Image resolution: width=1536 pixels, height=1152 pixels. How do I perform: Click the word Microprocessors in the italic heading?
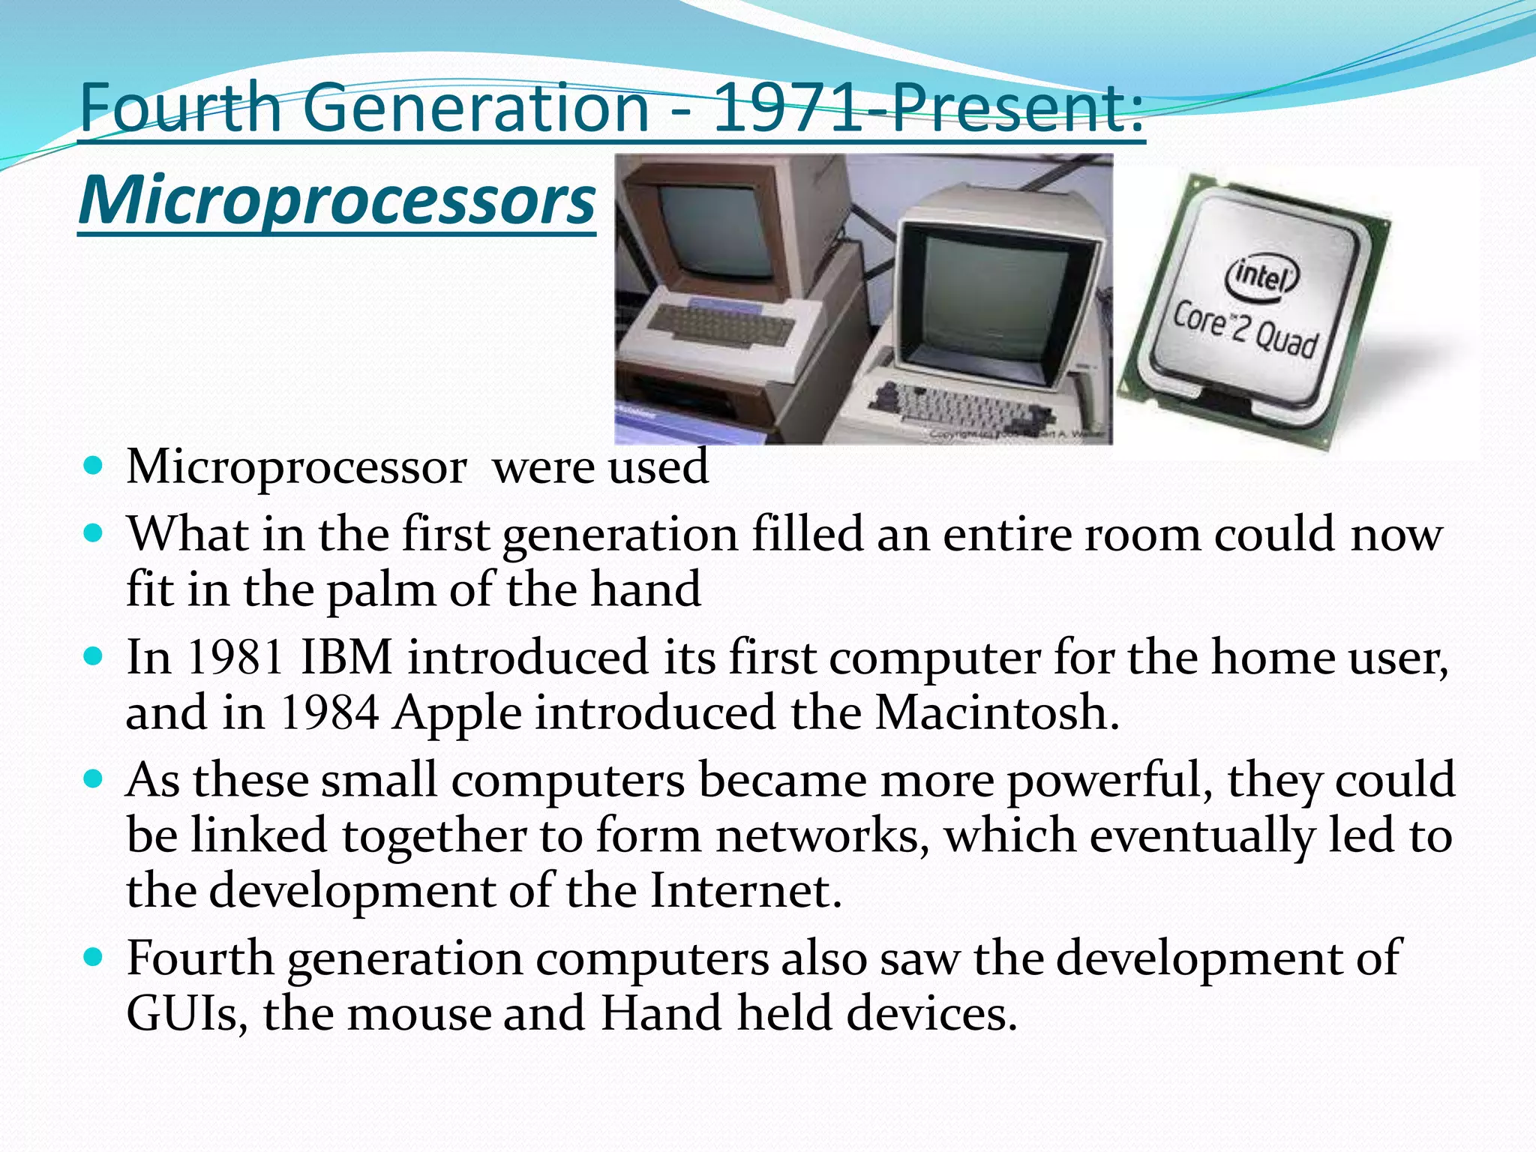pos(337,201)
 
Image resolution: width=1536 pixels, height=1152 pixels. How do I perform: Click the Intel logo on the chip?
pos(1262,277)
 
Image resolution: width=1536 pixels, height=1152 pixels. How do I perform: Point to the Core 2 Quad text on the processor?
pos(1245,330)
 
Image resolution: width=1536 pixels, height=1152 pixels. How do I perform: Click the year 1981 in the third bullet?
pos(235,657)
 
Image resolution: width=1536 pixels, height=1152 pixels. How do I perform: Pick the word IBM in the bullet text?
pos(346,657)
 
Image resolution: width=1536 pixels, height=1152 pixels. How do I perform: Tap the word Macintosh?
pos(996,712)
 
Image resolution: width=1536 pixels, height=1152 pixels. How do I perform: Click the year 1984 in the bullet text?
pos(328,712)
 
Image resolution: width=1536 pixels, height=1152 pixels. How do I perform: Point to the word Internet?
pos(745,891)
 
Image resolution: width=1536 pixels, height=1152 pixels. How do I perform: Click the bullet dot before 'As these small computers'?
pos(93,780)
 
